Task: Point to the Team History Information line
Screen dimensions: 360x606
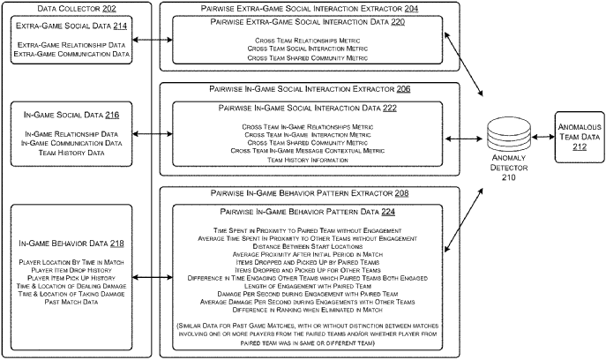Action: pos(307,161)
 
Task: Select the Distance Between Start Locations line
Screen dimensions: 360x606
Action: pos(307,245)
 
